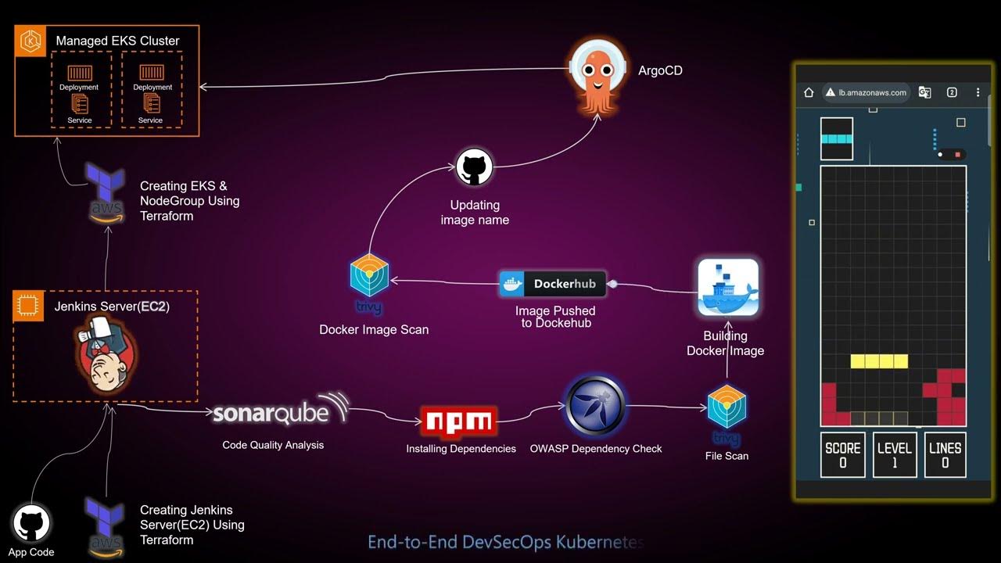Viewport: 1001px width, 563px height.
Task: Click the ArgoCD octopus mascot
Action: point(597,76)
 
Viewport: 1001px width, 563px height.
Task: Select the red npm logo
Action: point(458,422)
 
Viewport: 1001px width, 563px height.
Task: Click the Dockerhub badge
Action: point(552,284)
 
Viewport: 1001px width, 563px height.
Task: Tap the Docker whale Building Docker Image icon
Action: point(727,288)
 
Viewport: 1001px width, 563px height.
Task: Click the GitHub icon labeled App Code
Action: point(31,523)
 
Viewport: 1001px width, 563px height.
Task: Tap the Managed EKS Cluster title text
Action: point(117,41)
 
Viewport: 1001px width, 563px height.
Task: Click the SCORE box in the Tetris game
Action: point(842,454)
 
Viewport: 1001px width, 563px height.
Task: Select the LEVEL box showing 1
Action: point(894,454)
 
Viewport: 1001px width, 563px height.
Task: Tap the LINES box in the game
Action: point(945,454)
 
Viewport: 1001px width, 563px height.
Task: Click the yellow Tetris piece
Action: point(879,361)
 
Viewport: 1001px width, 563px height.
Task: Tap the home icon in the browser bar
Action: point(809,92)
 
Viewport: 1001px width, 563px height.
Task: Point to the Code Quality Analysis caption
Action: point(273,445)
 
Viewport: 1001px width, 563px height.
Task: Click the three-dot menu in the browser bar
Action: point(978,92)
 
